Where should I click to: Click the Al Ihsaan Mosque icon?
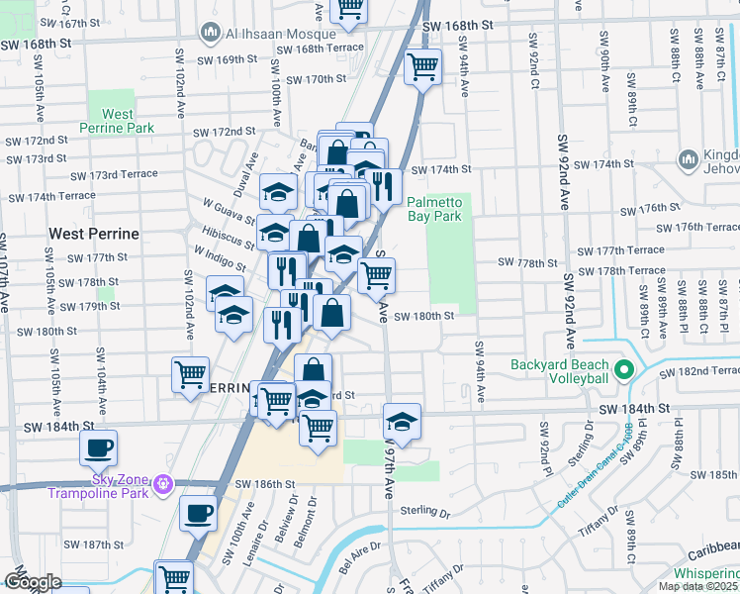(210, 34)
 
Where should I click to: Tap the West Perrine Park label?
(117, 121)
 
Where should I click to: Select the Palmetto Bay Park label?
(434, 208)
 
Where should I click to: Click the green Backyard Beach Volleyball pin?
(623, 372)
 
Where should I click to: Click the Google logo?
(32, 582)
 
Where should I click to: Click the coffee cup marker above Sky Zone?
(99, 448)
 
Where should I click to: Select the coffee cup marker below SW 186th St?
(198, 514)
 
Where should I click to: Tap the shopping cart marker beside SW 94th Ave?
(422, 68)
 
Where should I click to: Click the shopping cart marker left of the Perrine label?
(190, 375)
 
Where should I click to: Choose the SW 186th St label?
(265, 484)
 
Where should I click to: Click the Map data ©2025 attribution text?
(698, 586)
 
